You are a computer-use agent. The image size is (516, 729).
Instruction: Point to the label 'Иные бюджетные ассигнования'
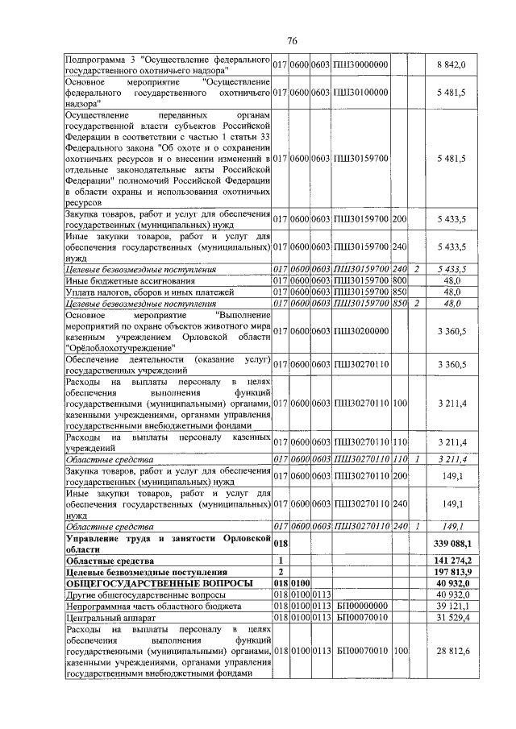coord(133,280)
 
